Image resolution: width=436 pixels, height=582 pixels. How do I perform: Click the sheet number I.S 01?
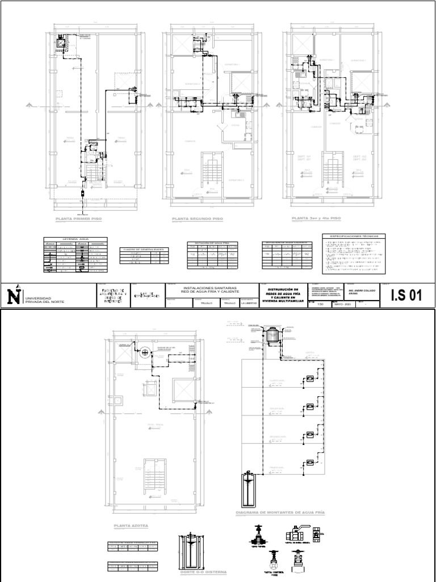pyautogui.click(x=407, y=295)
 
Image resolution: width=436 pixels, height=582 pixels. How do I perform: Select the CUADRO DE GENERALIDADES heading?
pyautogui.click(x=144, y=249)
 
